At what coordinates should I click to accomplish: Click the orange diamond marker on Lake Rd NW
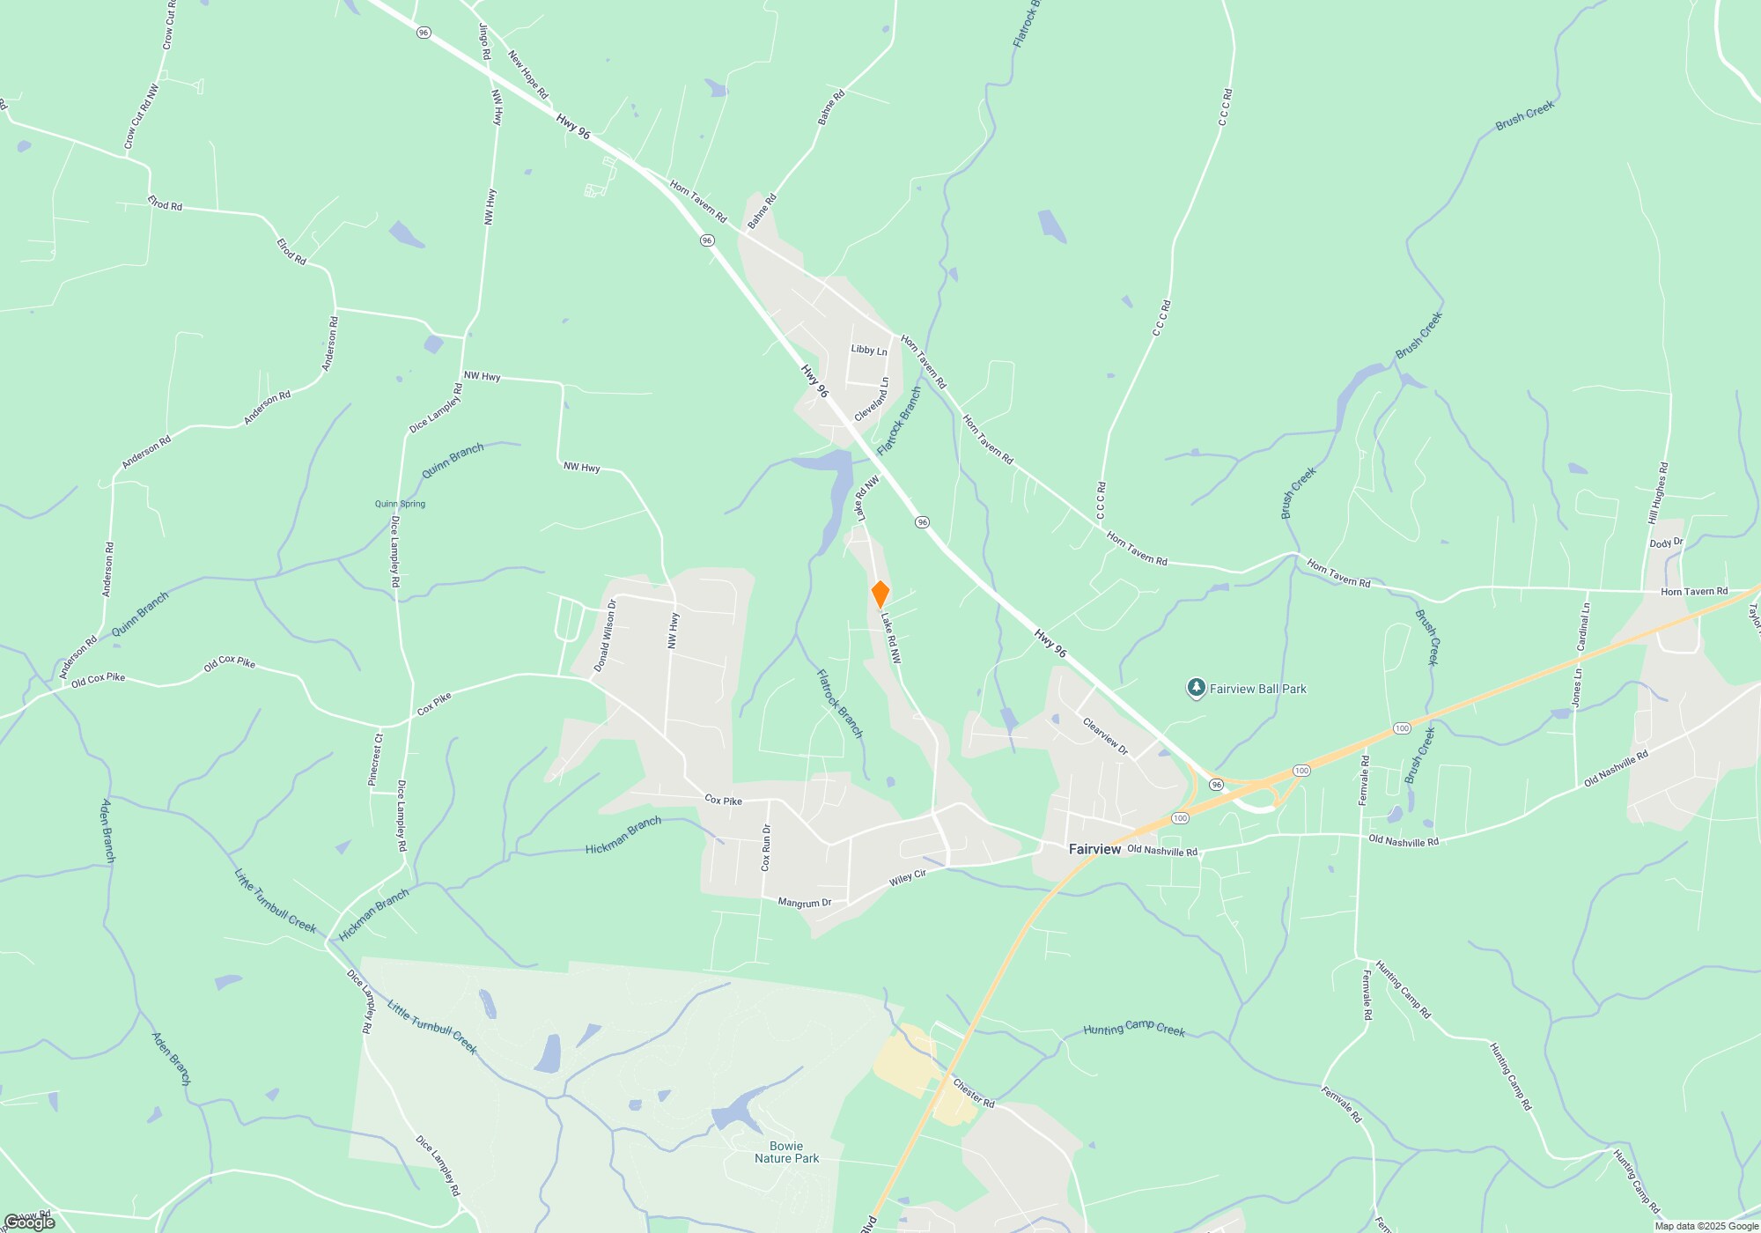(x=880, y=594)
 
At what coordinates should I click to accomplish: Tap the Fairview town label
(x=1094, y=849)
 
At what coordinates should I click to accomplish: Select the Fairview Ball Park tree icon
(x=1196, y=688)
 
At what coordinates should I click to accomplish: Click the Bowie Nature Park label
(x=786, y=1153)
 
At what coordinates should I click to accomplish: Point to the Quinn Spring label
(x=400, y=504)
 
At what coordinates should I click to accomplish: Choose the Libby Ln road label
(x=869, y=350)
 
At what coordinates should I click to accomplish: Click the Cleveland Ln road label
(x=873, y=399)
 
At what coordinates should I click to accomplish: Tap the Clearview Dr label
(x=1105, y=736)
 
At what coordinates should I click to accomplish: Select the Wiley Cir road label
(x=908, y=877)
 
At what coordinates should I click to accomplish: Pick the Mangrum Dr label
(x=805, y=903)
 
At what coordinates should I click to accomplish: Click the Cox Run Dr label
(x=766, y=847)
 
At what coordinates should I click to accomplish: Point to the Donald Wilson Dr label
(x=605, y=636)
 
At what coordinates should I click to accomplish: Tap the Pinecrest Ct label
(x=375, y=759)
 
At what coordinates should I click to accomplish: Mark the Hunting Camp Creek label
(x=1134, y=1029)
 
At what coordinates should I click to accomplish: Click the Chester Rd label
(x=974, y=1092)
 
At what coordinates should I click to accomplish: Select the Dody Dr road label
(x=1666, y=543)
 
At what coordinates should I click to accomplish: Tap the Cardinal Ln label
(x=1583, y=627)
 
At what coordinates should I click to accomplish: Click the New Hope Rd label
(x=528, y=75)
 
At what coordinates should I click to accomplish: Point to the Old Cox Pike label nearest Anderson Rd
(x=98, y=679)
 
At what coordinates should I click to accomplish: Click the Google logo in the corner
(x=29, y=1222)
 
